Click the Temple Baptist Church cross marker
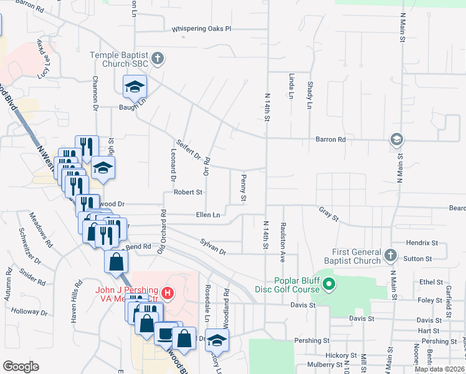tap(158, 59)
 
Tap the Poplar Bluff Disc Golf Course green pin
tap(330, 286)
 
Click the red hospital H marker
tap(166, 292)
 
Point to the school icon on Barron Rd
tap(396, 140)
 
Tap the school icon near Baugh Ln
tap(134, 88)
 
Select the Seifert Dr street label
tap(188, 149)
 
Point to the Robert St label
tap(188, 193)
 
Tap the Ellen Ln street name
tap(208, 215)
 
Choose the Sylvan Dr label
tap(212, 246)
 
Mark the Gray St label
tap(328, 214)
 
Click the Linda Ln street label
tap(291, 85)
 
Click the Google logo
tap(21, 367)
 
